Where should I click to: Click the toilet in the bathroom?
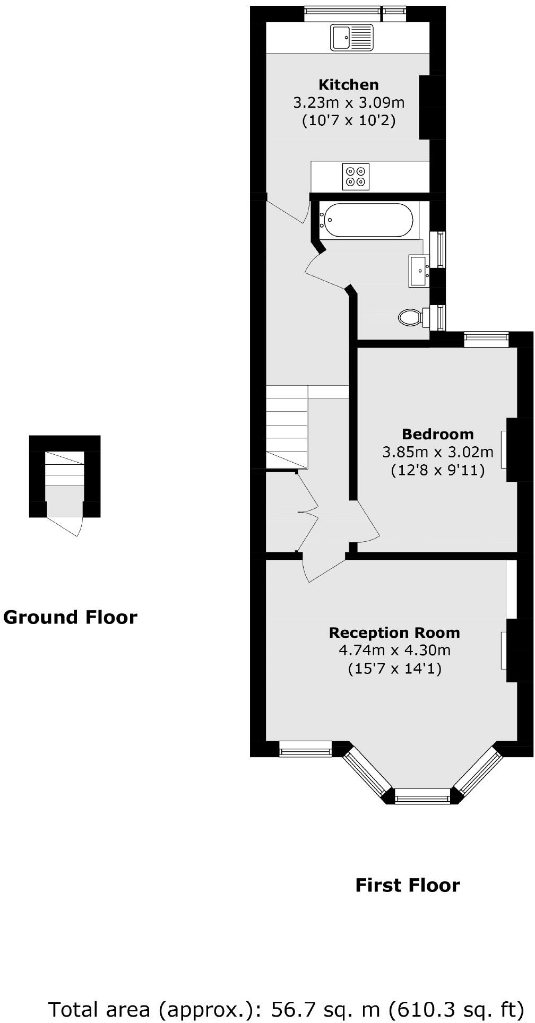tap(410, 317)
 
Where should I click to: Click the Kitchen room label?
tap(348, 84)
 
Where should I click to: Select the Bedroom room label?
tap(437, 434)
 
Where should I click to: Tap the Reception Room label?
tap(394, 632)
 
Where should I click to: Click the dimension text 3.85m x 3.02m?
tap(437, 452)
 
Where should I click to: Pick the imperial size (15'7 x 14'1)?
tap(394, 668)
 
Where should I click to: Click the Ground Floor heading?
tap(70, 617)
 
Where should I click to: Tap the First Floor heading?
tap(407, 885)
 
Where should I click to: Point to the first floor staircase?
tap(286, 427)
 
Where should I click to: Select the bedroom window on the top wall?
tap(486, 340)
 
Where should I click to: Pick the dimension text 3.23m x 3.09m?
tap(348, 102)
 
